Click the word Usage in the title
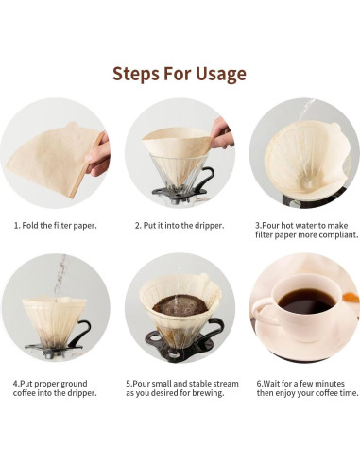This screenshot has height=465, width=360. coord(221,75)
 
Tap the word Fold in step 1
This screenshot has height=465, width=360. coord(30,226)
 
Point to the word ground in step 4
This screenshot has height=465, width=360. coord(74,384)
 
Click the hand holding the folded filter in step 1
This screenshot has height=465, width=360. coord(98,154)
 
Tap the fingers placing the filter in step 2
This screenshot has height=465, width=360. coord(222,134)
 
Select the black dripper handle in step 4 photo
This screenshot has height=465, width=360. coord(78,334)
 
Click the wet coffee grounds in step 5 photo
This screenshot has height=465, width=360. coord(180,305)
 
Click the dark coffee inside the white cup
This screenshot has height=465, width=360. coord(306,301)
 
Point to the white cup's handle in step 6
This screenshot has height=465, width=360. coord(264,313)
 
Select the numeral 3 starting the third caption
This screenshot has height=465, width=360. coord(257,226)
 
